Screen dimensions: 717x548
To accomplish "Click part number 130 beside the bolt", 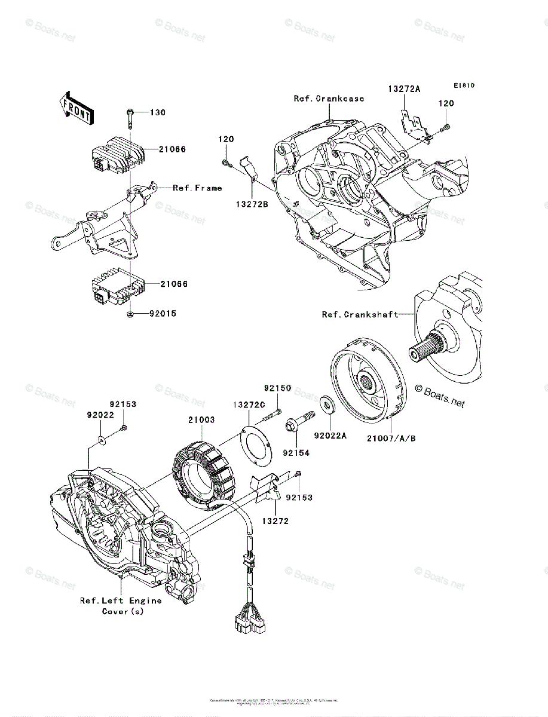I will (x=157, y=112).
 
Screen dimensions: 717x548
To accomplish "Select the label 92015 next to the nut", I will (x=164, y=313).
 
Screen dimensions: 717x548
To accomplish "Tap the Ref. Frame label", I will (x=197, y=188).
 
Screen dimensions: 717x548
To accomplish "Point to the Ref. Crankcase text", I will (x=329, y=99).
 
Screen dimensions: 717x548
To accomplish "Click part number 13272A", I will (x=404, y=88).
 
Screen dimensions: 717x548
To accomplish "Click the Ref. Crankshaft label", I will (x=360, y=314).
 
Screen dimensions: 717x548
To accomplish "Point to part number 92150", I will (x=278, y=388).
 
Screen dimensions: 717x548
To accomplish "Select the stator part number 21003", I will (x=201, y=420).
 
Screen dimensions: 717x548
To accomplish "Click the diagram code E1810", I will (x=463, y=85).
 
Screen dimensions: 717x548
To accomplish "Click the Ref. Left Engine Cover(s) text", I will (x=121, y=606).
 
